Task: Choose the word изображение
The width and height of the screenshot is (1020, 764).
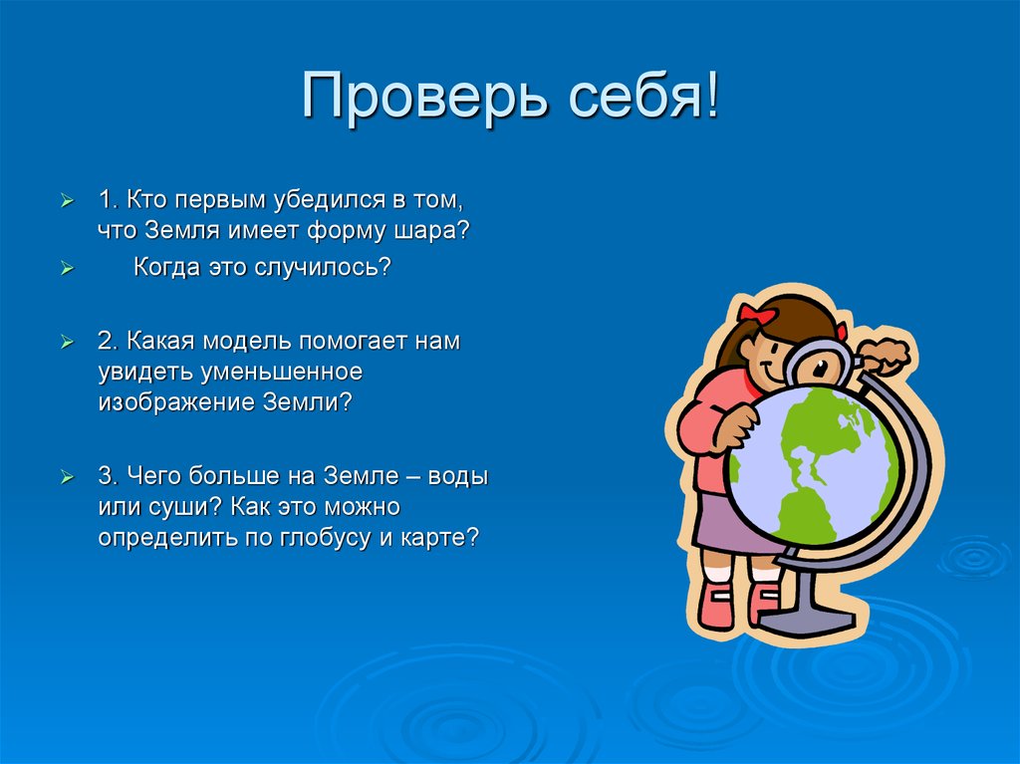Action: (x=173, y=402)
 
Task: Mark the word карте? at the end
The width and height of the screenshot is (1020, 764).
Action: (x=445, y=537)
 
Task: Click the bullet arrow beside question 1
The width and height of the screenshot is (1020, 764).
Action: (x=67, y=200)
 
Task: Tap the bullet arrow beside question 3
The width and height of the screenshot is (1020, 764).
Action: (x=67, y=476)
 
